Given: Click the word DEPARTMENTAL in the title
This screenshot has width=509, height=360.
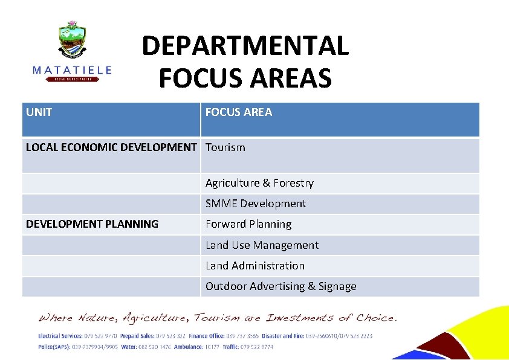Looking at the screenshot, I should pos(245,46).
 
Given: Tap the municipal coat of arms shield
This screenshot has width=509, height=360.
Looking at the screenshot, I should pos(72,41).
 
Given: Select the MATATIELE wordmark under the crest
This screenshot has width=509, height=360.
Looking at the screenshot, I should pos(72,70).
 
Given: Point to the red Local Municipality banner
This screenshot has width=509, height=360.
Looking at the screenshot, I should pos(72,79).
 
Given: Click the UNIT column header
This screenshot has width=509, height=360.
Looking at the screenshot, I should pos(39,112).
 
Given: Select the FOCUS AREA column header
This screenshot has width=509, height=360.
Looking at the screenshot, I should pos(239,112).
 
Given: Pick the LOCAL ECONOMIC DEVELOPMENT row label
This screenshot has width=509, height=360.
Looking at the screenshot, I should pos(111,147).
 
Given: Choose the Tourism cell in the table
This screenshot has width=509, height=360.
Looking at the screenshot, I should pos(225,147).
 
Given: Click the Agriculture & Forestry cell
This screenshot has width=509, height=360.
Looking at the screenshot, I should pos(259,183).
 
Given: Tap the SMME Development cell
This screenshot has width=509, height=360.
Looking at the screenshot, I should pos(256,204).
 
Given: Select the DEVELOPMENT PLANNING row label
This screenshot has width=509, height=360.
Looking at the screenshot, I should pos(92,224).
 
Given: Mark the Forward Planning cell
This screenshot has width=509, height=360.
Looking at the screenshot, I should pos(248,224).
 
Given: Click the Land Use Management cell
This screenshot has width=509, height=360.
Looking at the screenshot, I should pos(262,245).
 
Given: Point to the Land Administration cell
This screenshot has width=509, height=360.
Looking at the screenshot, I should pos(255,266).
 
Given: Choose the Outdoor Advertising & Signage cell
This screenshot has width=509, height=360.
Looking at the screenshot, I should pos(281,286).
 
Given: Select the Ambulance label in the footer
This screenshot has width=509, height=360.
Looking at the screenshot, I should pos(192,347).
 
